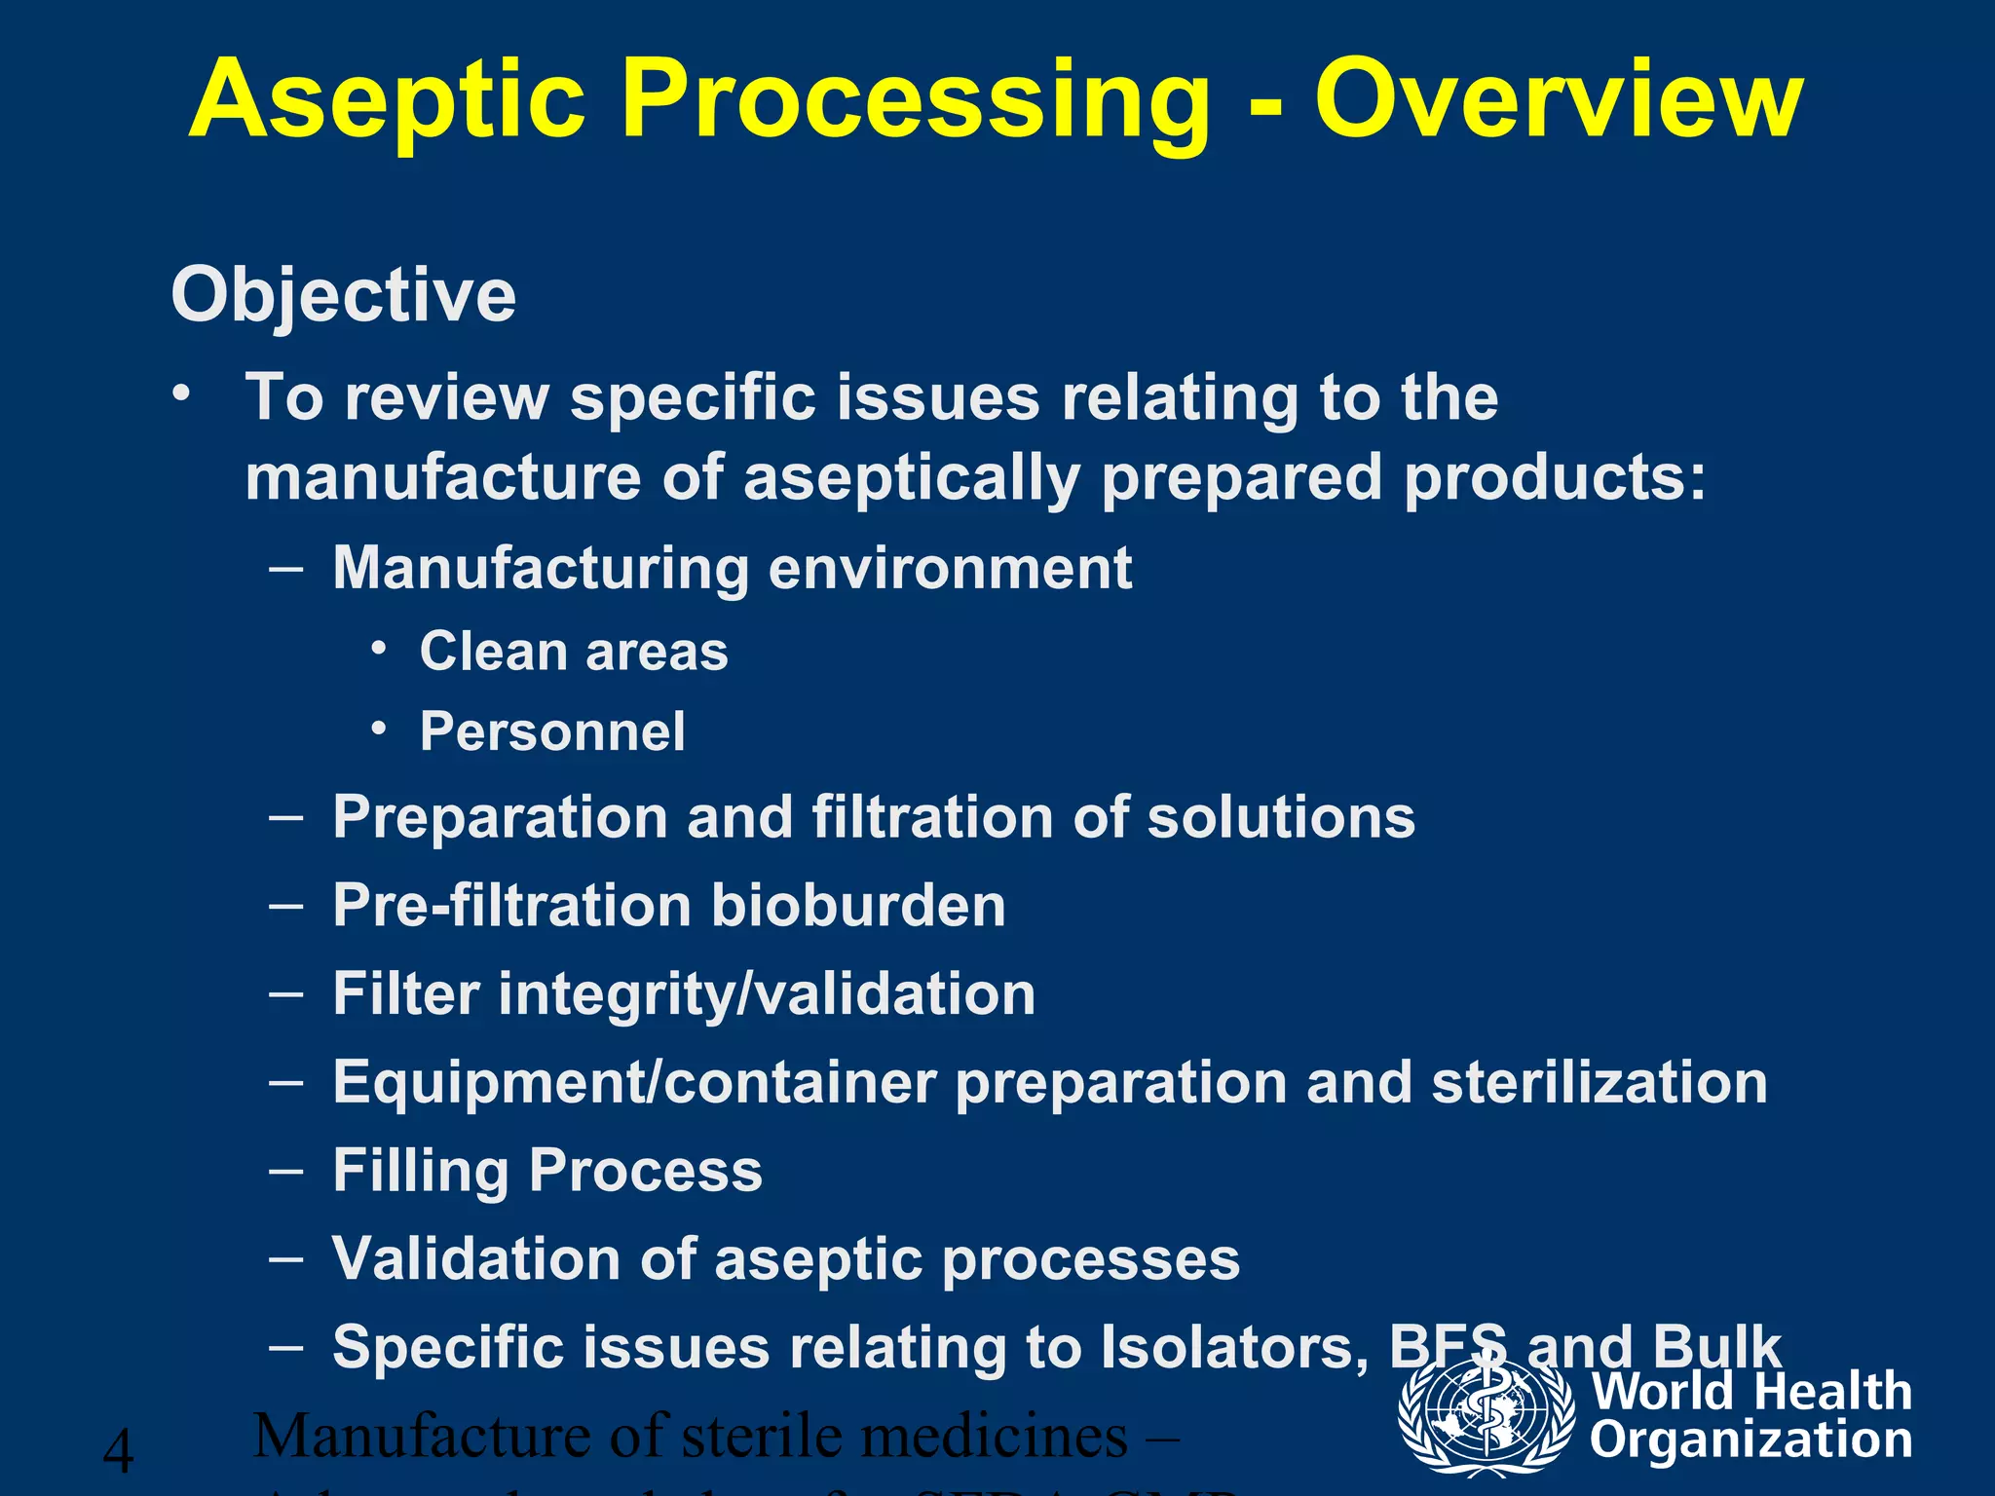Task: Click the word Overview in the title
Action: point(1559,99)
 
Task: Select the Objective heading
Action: point(343,295)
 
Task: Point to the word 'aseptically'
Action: point(911,478)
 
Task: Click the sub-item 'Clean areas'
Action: point(574,651)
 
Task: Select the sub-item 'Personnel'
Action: point(552,731)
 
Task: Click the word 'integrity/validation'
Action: point(767,994)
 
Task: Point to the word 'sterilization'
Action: point(1600,1082)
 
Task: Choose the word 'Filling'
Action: point(420,1171)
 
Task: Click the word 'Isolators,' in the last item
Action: point(1234,1347)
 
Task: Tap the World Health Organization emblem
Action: point(1486,1415)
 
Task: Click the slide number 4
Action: point(119,1451)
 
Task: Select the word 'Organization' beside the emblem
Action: point(1750,1440)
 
